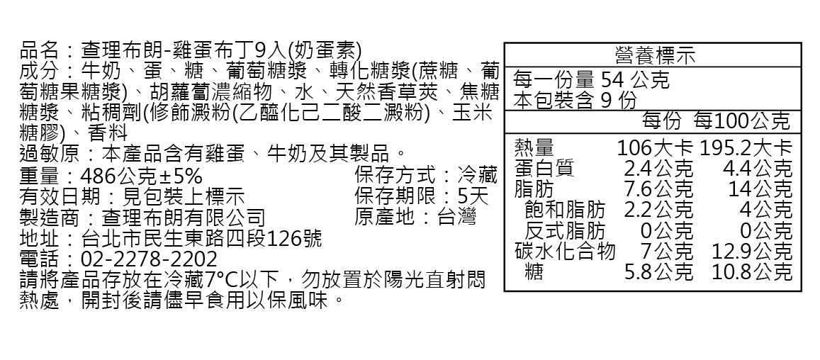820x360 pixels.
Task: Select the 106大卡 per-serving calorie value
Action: tap(655, 148)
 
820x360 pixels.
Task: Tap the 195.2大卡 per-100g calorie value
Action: tap(746, 148)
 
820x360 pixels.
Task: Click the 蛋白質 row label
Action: tap(544, 169)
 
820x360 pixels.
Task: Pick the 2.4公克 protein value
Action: tap(658, 169)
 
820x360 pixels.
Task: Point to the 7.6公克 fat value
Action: tap(658, 189)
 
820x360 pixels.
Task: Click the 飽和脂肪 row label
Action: tap(565, 210)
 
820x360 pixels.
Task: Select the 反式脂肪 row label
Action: tap(565, 230)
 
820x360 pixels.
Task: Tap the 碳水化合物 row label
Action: tap(565, 251)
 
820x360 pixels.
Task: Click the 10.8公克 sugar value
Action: tap(752, 271)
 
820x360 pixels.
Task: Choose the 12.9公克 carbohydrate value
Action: tap(752, 251)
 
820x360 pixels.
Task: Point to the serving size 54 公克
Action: tap(635, 79)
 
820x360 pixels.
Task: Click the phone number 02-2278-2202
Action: tap(150, 259)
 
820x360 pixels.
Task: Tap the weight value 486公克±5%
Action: tap(142, 175)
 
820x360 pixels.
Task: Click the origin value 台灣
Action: tap(457, 216)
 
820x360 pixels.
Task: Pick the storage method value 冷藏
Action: tap(478, 175)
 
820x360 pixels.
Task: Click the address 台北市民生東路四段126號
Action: tap(202, 237)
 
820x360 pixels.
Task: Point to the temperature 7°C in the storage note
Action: tap(224, 279)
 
